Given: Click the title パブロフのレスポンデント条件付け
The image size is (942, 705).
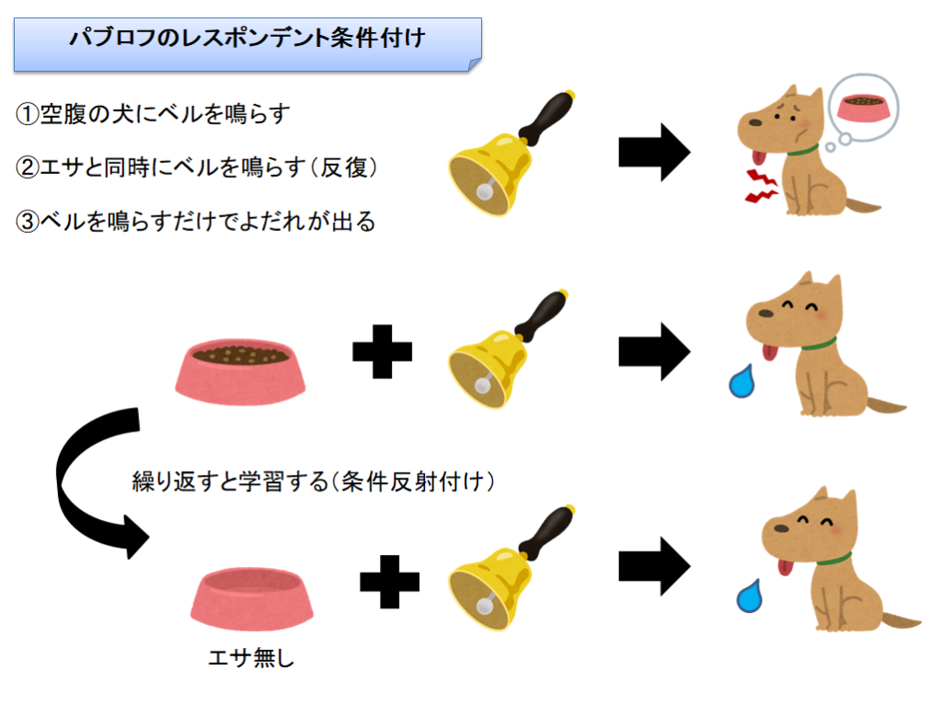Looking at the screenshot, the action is [x=247, y=38].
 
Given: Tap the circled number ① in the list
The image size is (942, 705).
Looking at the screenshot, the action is [x=28, y=113].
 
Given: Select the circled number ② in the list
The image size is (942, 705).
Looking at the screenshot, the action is [x=28, y=168].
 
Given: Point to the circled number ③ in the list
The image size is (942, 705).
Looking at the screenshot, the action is [x=28, y=221].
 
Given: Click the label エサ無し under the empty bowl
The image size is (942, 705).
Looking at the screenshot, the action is [x=251, y=657].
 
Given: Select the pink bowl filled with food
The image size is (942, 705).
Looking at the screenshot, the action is [x=240, y=372].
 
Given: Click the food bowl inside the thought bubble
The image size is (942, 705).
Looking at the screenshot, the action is [x=863, y=107].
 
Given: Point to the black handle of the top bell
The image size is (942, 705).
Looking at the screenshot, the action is [x=546, y=117].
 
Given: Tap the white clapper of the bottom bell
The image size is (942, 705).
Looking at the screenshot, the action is [x=484, y=606].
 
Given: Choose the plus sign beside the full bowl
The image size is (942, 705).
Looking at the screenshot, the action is [x=382, y=352].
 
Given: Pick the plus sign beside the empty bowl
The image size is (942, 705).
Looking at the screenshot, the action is [x=389, y=582].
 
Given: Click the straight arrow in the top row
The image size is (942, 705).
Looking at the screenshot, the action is [x=654, y=152].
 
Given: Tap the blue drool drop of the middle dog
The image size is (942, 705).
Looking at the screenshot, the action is [x=742, y=382].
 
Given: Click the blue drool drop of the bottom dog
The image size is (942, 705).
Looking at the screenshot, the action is [x=750, y=596].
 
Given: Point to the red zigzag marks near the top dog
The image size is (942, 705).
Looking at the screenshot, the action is [x=761, y=186].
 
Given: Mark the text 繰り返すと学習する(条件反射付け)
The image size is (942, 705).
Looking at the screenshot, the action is [x=314, y=481].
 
